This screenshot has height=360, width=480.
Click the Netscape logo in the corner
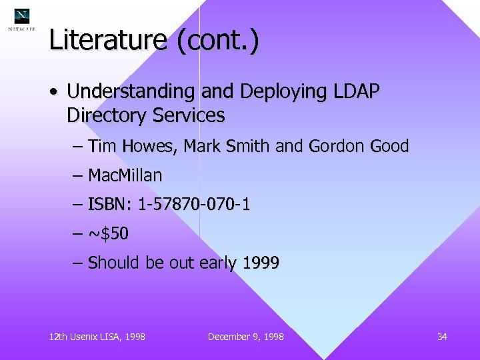tap(22, 19)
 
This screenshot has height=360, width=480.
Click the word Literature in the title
tap(107, 41)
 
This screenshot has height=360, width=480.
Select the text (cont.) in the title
tap(217, 41)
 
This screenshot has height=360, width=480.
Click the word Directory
tap(107, 115)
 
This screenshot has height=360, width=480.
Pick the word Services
tap(189, 115)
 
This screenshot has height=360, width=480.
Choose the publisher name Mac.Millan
tap(125, 176)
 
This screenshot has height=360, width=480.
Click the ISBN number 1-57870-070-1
tap(194, 205)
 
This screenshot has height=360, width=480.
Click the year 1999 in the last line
tap(261, 263)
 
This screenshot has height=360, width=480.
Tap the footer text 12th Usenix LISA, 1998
tap(97, 337)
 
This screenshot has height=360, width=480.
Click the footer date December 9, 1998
tap(245, 337)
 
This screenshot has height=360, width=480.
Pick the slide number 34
tap(441, 337)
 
